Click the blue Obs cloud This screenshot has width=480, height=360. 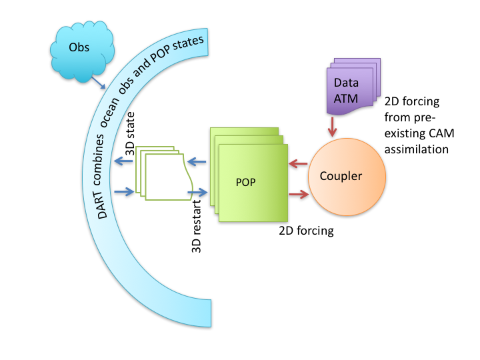(79, 51)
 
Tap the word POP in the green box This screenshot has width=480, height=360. (247, 182)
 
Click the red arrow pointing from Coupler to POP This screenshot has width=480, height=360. (297, 163)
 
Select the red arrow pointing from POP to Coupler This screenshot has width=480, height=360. (298, 194)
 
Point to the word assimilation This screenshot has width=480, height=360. (417, 149)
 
